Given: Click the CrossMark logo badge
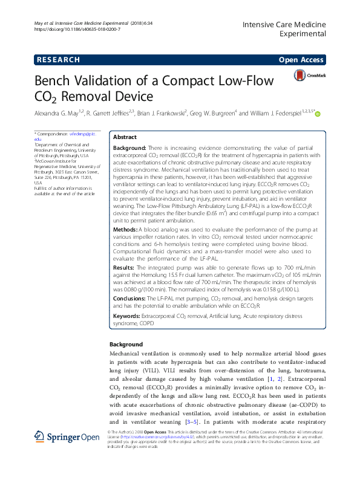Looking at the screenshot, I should click(x=310, y=76).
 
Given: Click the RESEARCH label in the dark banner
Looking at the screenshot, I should click(x=58, y=60).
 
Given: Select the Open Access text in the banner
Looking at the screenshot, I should click(x=302, y=60).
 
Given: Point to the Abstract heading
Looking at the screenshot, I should click(x=125, y=137).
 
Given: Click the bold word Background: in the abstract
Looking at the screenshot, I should click(x=129, y=148).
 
